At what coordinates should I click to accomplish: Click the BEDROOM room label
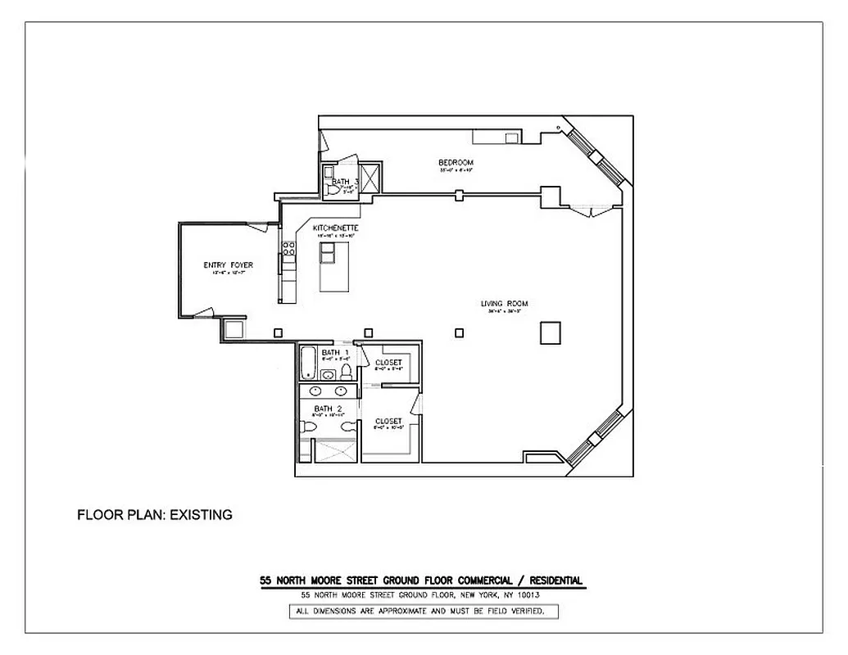[456, 163]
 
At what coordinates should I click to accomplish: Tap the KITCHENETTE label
[335, 228]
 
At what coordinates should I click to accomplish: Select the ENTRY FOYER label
[228, 265]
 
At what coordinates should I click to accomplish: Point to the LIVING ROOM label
[501, 304]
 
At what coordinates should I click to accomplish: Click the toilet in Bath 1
[346, 373]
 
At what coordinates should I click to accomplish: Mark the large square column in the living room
[550, 332]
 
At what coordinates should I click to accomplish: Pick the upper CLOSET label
[388, 363]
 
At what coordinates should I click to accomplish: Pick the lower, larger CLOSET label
[388, 421]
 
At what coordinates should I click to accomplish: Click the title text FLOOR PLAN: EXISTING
[155, 515]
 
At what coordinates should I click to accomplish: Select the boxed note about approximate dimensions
[424, 612]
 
